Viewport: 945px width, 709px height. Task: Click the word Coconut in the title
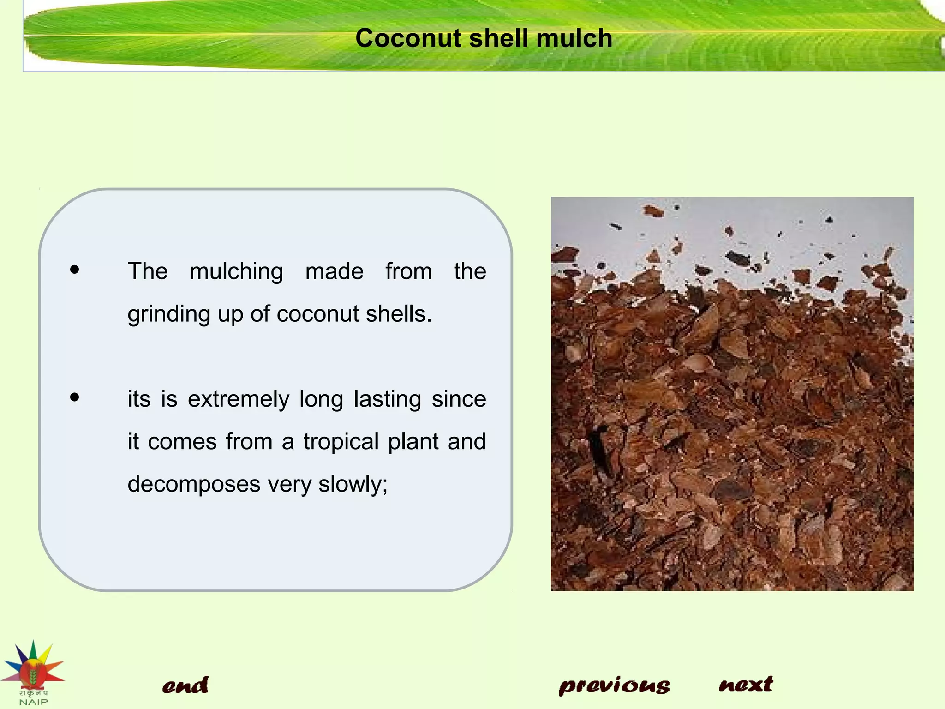coord(408,38)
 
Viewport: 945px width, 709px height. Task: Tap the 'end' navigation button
coord(185,685)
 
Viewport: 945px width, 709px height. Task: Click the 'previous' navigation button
coord(614,686)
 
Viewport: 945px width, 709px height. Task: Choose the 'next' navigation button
coord(746,685)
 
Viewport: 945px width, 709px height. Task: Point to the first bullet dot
coord(75,270)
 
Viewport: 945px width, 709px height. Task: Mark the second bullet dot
coord(75,397)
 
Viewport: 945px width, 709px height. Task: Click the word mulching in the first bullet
coord(236,272)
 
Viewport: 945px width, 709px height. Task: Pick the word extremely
coord(239,399)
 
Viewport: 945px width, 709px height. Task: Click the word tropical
coord(341,442)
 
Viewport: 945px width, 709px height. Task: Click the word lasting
coord(387,400)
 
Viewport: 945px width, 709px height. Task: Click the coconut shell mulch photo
coord(732,394)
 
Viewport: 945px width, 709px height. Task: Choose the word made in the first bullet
coord(334,271)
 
